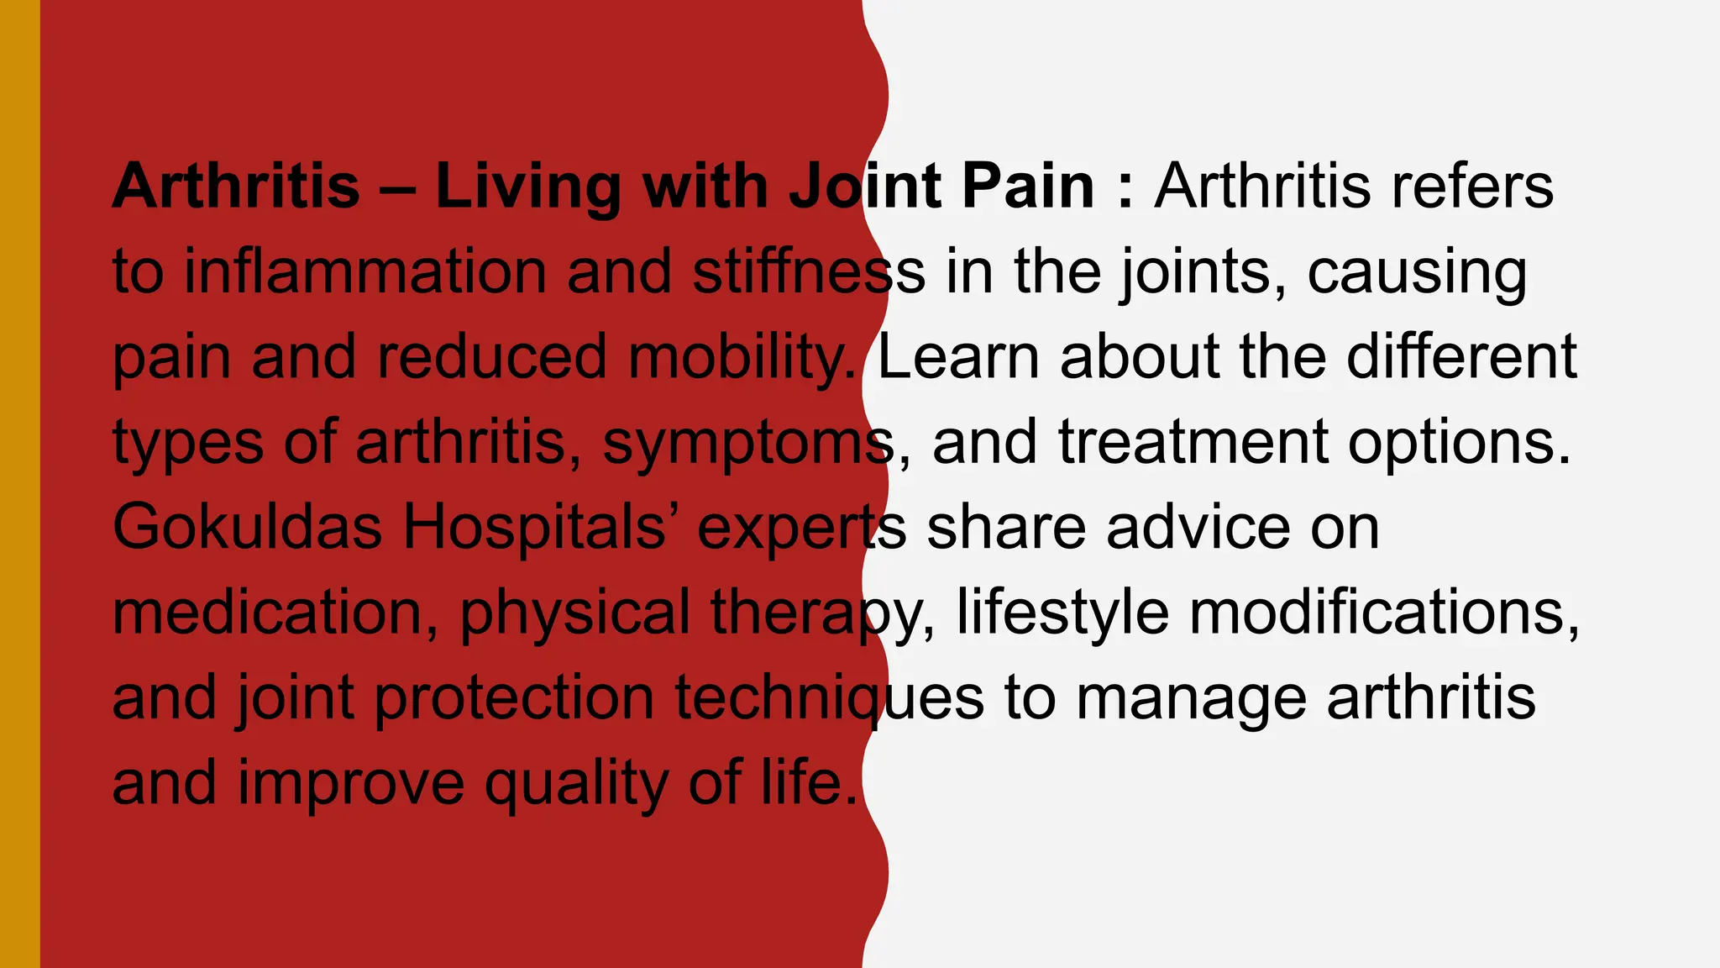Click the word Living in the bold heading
[x=527, y=187]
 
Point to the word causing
[x=1417, y=274]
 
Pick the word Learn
[x=958, y=357]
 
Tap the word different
[x=1462, y=357]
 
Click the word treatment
[x=1193, y=442]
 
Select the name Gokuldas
[x=248, y=528]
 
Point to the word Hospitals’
[x=538, y=528]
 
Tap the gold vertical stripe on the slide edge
[x=19, y=484]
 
